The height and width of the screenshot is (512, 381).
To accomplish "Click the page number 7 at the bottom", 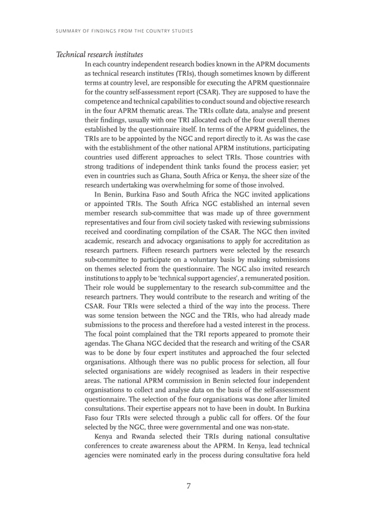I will (x=188, y=486).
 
